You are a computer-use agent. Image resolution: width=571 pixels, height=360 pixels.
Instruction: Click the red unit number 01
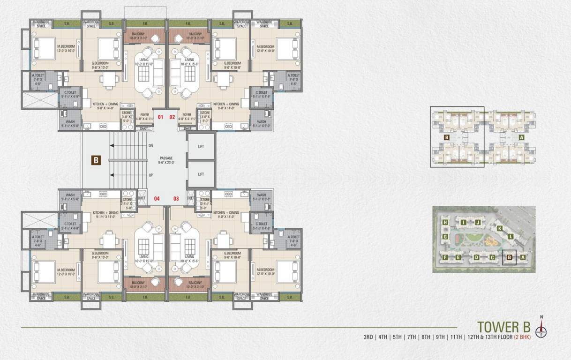click(160, 117)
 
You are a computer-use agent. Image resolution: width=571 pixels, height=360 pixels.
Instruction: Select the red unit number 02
click(172, 117)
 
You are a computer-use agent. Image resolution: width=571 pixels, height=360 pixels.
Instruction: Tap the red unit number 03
click(176, 199)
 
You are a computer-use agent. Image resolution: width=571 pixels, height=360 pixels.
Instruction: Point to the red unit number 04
click(157, 199)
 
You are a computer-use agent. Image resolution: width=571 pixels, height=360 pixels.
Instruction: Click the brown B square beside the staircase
click(96, 160)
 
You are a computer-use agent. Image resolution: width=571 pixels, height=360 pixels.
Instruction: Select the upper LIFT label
click(201, 147)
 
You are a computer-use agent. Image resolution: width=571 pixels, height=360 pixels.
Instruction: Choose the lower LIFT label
click(201, 174)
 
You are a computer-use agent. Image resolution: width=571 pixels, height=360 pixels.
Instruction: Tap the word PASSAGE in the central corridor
click(166, 158)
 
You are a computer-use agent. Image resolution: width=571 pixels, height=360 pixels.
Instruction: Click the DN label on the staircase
click(150, 146)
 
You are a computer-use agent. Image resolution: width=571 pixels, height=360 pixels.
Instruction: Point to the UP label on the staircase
click(150, 174)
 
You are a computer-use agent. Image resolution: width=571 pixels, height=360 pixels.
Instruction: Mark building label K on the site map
click(500, 228)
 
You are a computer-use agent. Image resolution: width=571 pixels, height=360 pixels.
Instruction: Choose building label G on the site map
click(446, 238)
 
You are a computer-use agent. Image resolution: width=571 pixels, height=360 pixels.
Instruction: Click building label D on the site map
click(476, 257)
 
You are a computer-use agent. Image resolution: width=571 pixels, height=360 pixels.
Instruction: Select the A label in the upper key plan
click(521, 138)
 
